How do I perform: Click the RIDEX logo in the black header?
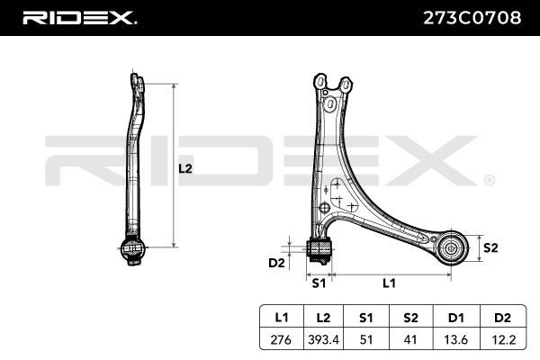(x=79, y=18)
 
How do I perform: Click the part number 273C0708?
(x=472, y=18)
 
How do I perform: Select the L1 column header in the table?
(x=282, y=318)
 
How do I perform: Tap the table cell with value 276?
(x=281, y=339)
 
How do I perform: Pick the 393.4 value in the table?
(x=323, y=339)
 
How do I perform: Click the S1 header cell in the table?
(x=366, y=318)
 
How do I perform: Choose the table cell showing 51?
(x=366, y=339)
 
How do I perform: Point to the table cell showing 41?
(x=410, y=339)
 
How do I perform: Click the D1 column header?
(x=456, y=318)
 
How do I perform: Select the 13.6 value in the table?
(x=456, y=339)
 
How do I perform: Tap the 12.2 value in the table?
(x=502, y=339)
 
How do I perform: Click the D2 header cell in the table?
(x=502, y=318)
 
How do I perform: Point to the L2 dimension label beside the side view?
(x=185, y=168)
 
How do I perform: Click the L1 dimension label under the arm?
(x=389, y=283)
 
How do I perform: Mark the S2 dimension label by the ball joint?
(x=490, y=247)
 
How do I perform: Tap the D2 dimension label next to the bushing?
(x=276, y=263)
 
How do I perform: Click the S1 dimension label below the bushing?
(x=319, y=283)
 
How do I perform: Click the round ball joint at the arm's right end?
(x=451, y=248)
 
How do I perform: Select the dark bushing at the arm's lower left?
(x=319, y=249)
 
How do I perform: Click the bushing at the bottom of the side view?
(x=133, y=248)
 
